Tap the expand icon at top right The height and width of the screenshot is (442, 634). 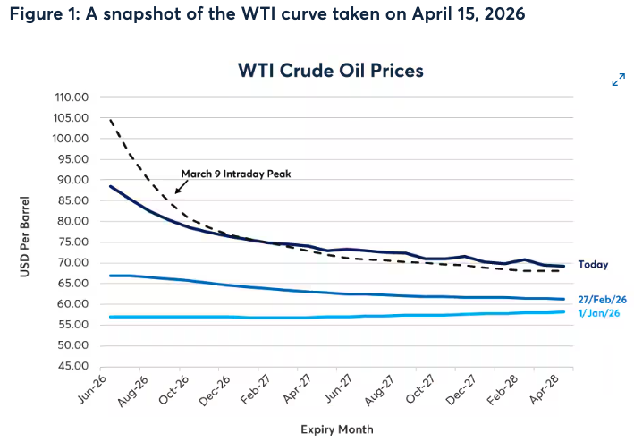point(618,81)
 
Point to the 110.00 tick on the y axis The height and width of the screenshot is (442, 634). point(72,98)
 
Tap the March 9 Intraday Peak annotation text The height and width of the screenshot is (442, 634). point(237,174)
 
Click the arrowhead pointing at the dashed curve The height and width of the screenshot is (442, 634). point(177,191)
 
